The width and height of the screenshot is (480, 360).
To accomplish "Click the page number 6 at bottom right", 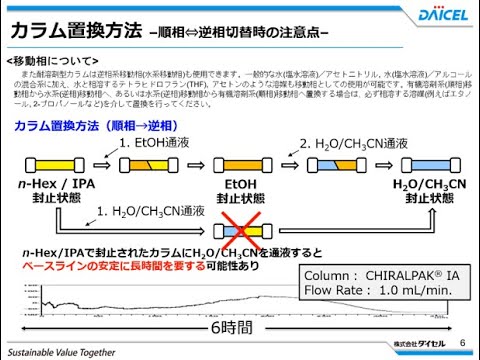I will (x=463, y=343).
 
